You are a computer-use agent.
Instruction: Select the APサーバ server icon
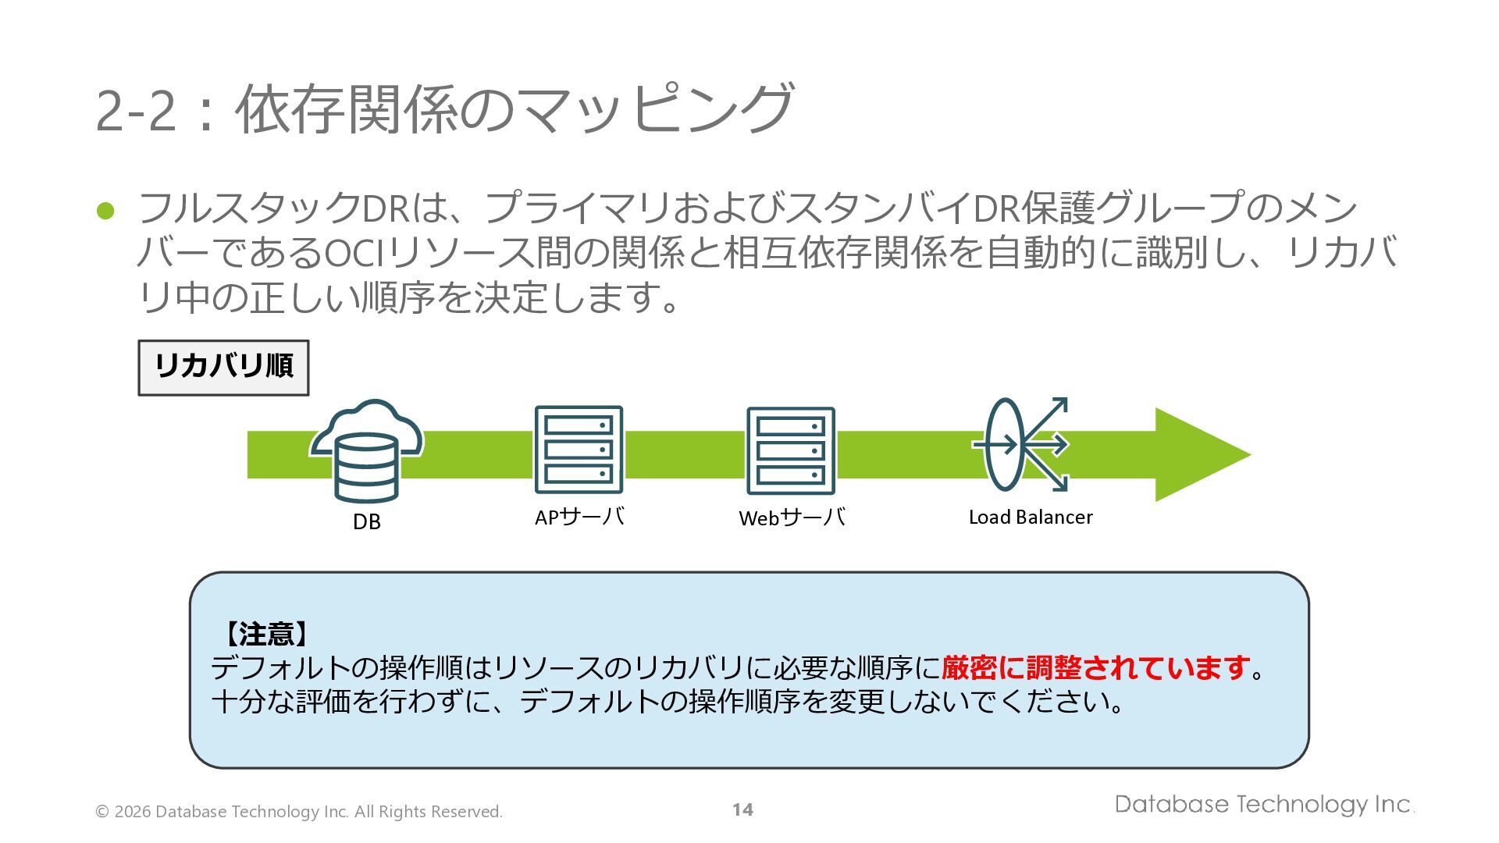[x=579, y=450]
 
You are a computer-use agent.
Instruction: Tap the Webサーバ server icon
[x=790, y=450]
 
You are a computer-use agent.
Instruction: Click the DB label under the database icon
[x=366, y=521]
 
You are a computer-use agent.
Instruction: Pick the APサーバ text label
[x=579, y=517]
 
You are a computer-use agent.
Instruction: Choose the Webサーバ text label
[x=792, y=518]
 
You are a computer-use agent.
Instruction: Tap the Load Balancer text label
[x=1030, y=517]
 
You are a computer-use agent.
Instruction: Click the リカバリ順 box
[x=223, y=367]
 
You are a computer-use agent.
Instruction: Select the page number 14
[x=742, y=809]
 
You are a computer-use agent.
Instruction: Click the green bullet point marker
[x=105, y=211]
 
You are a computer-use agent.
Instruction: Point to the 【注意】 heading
[x=265, y=634]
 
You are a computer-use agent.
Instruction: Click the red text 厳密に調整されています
[x=1096, y=668]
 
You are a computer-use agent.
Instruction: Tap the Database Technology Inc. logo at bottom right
[x=1263, y=804]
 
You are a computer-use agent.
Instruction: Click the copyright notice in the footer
[x=298, y=812]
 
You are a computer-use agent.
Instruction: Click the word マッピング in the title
[x=653, y=109]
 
